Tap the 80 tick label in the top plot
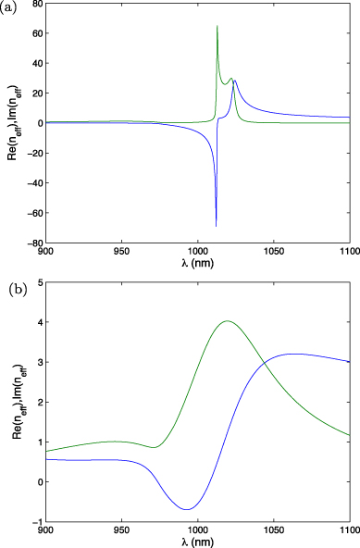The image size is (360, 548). [34, 5]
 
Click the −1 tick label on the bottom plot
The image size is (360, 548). [35, 522]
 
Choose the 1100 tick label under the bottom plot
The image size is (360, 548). [347, 531]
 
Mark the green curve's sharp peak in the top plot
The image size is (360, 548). [217, 27]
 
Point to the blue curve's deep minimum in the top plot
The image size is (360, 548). [217, 225]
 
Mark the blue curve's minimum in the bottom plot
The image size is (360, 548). [188, 509]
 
